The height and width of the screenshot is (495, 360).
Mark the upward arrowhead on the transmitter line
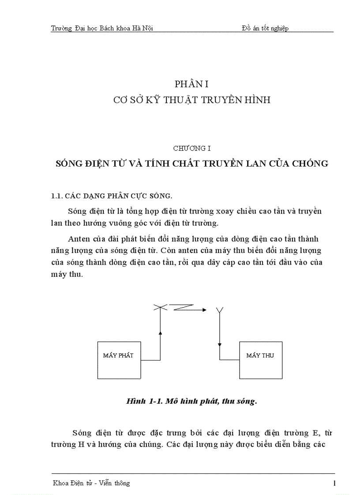point(160,334)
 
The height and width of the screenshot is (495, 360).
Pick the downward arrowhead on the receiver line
point(220,346)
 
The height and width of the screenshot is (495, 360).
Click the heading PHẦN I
point(191,84)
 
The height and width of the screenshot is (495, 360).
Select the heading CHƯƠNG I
point(191,149)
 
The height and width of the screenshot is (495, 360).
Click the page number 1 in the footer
point(334,483)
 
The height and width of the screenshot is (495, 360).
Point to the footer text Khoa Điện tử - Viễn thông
point(91,483)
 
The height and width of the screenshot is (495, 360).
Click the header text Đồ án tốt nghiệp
point(265,29)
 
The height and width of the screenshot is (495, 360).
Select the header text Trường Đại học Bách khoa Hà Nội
point(102,29)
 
